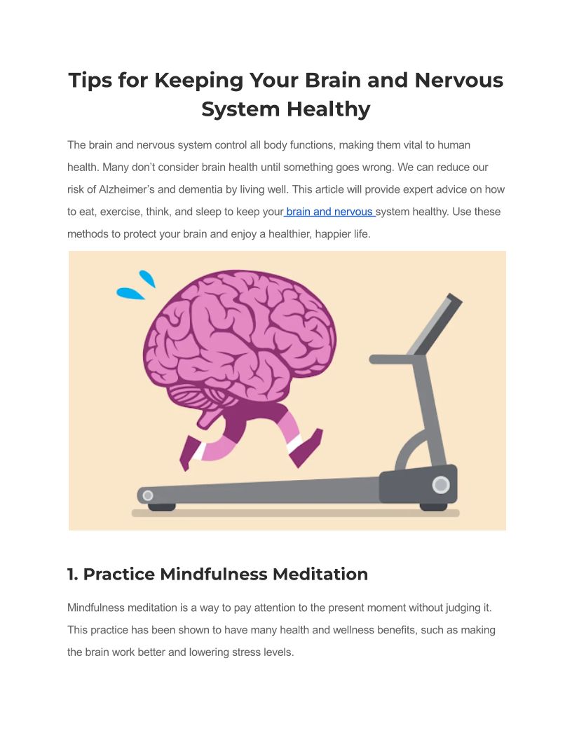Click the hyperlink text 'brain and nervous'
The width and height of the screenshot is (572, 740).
point(329,212)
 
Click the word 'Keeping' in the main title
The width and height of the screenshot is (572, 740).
point(198,81)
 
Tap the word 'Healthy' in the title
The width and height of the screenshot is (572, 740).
point(329,109)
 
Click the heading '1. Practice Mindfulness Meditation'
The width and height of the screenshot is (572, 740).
point(217,575)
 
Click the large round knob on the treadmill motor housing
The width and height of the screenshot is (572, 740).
point(441,485)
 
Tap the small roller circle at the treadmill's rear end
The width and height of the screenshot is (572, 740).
point(148,495)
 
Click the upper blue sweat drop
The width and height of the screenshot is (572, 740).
point(147,278)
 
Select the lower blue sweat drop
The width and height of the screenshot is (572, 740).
point(130,294)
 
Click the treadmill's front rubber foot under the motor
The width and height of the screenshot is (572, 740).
point(433,507)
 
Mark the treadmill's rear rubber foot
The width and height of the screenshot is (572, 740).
point(162,507)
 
